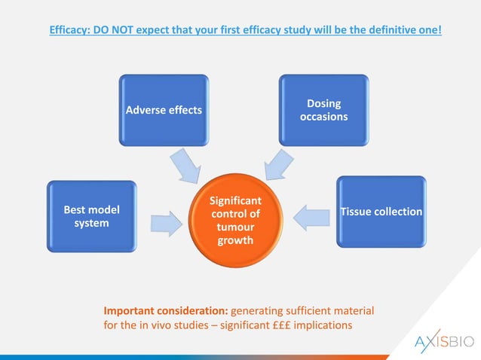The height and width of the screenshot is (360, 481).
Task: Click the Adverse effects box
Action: pyautogui.click(x=164, y=110)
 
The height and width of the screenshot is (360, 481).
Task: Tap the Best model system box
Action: pyautogui.click(x=91, y=217)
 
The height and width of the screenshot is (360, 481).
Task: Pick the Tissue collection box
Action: pyautogui.click(x=381, y=212)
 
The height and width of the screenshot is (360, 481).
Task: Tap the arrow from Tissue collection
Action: pyautogui.click(x=308, y=217)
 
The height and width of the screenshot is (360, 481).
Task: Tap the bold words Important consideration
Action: pyautogui.click(x=165, y=310)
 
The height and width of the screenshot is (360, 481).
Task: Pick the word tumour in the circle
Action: pyautogui.click(x=235, y=227)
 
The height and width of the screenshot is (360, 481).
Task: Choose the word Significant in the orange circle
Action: pyautogui.click(x=235, y=201)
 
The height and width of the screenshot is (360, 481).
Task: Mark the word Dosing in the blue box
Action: pyautogui.click(x=323, y=103)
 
